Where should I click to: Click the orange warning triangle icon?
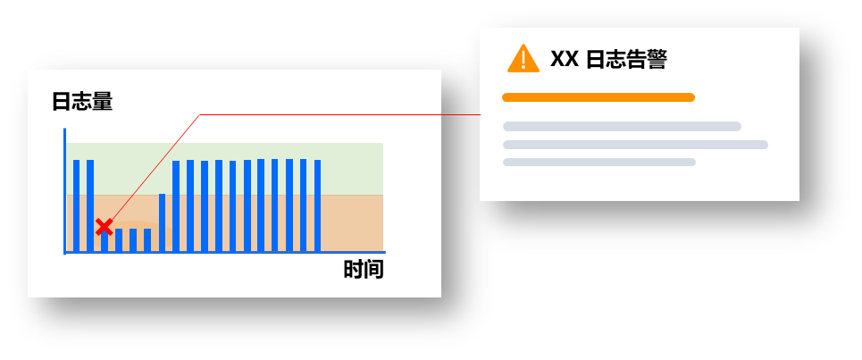point(523,59)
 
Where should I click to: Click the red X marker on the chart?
point(104,226)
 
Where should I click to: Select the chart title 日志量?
point(82,102)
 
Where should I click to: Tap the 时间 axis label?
point(364,270)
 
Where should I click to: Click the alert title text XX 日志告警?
point(608,59)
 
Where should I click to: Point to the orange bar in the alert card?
point(598,97)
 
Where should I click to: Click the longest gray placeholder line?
point(635,145)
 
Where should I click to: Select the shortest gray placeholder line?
point(598,163)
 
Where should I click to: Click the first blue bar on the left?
point(77,205)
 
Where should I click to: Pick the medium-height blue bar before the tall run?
point(163,222)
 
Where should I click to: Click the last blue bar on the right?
point(318,205)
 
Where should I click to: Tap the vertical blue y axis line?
point(65,191)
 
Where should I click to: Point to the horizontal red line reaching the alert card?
point(339,115)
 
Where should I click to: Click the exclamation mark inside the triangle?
point(523,59)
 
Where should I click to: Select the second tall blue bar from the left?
point(90,205)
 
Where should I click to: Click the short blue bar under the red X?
point(105,242)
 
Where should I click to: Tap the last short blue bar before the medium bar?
point(147,240)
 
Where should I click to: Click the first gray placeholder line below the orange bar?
point(622,127)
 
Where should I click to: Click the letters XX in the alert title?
point(564,59)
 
